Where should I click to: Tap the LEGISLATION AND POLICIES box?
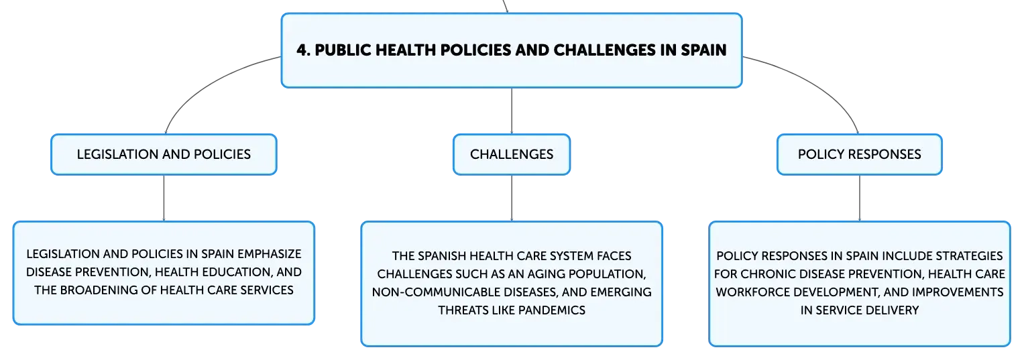(x=164, y=154)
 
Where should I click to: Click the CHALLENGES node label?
(x=512, y=154)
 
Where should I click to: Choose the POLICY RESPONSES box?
(x=860, y=154)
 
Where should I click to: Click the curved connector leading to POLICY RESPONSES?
(x=818, y=86)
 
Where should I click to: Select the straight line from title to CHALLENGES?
(x=512, y=111)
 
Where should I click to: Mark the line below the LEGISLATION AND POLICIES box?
(x=164, y=198)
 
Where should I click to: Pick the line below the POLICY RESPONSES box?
(x=860, y=198)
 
